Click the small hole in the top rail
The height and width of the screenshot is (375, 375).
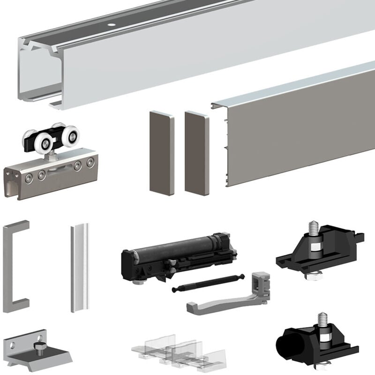[x=112, y=24]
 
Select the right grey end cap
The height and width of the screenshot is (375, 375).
[x=196, y=152]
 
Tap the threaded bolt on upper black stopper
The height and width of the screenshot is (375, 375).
[x=313, y=229]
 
